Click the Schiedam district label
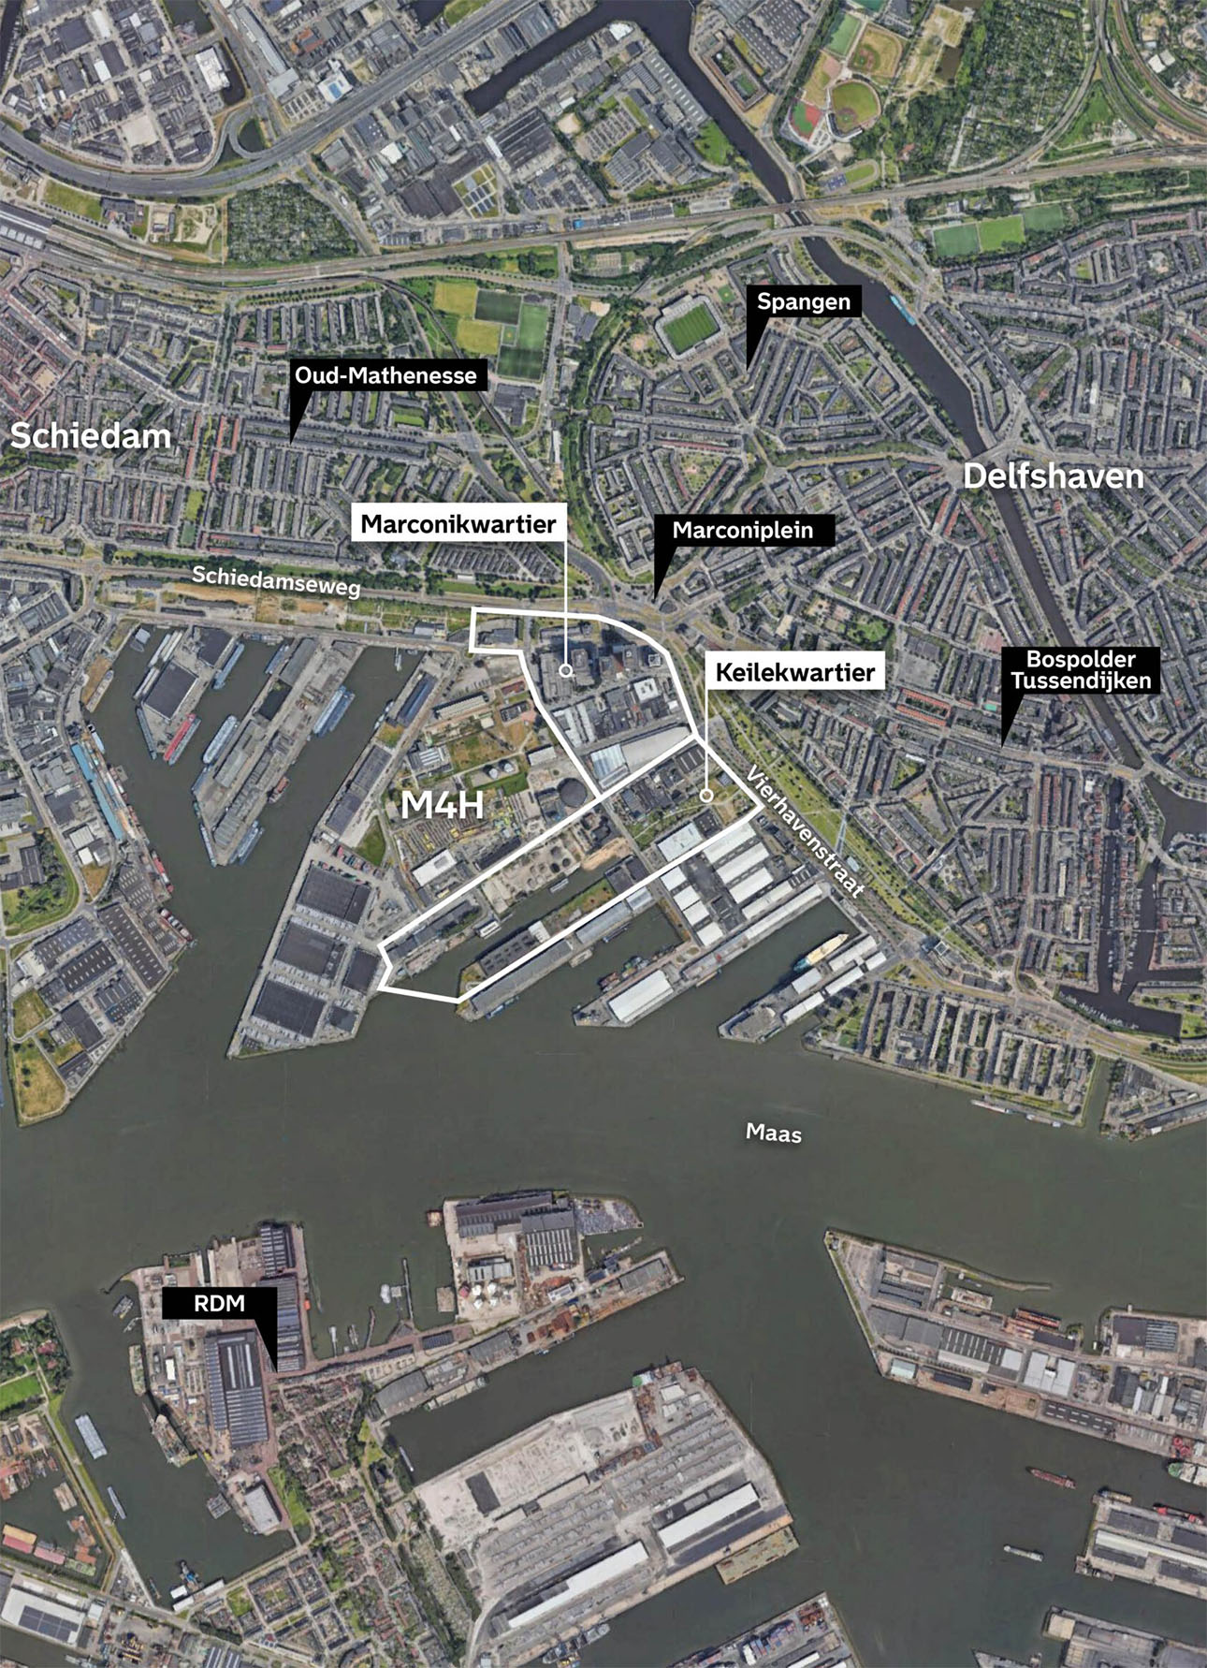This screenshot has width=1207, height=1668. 91,435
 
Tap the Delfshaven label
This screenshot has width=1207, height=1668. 1053,476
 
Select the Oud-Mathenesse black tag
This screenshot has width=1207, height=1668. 385,375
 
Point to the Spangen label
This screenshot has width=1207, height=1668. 804,301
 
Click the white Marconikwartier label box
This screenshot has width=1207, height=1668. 458,524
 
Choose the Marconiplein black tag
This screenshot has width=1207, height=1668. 742,531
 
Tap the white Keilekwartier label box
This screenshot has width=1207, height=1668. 795,672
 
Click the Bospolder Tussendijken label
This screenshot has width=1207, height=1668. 1081,670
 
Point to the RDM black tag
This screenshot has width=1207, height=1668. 219,1304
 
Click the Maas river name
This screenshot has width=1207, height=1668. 774,1134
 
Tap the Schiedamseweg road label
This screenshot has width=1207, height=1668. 276,581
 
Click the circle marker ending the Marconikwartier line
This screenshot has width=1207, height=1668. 565,670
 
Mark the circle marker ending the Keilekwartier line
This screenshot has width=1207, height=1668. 706,795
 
